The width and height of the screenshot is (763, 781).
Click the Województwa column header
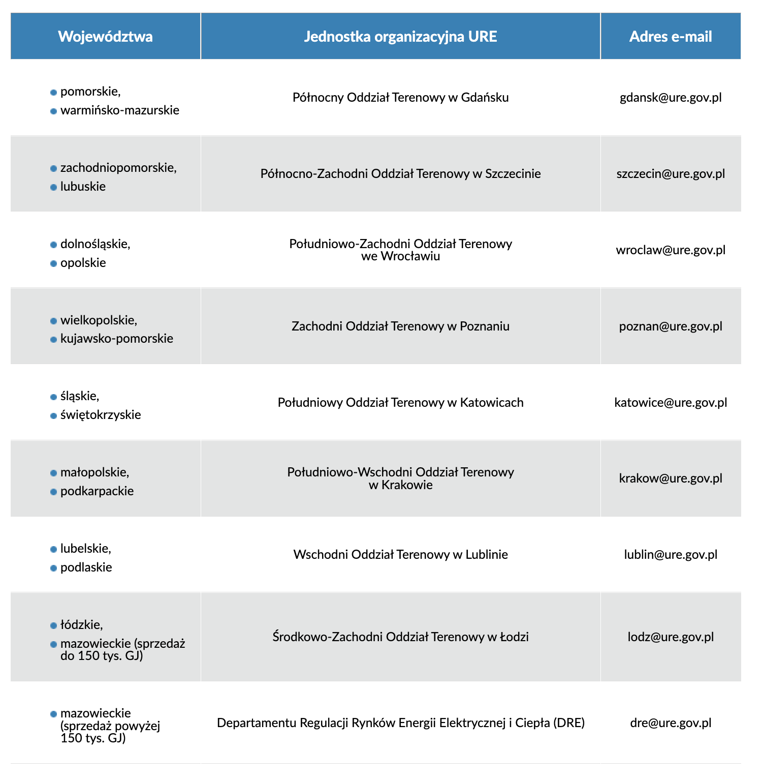coord(105,37)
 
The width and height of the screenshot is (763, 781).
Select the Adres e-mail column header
coord(670,37)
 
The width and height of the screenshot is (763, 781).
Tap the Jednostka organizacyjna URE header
coord(400,37)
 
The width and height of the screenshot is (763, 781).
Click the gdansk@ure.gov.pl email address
coord(671,98)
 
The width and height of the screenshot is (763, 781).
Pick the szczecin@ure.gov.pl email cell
coord(671,174)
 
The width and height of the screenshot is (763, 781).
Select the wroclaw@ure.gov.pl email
coord(671,250)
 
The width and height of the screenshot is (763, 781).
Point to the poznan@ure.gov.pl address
coord(671,326)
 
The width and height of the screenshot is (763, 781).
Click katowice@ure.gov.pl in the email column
coord(671,403)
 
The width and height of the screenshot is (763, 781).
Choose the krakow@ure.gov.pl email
coord(671,478)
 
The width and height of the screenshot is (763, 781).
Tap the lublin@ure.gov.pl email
coord(671,554)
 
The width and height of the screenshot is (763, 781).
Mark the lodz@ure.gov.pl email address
coord(671,637)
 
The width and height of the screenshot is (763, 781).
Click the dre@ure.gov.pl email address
coord(671,723)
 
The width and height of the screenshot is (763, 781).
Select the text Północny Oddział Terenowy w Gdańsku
coord(400,98)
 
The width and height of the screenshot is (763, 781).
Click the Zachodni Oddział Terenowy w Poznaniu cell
coord(400,326)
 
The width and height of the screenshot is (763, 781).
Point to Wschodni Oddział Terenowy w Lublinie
coord(400,554)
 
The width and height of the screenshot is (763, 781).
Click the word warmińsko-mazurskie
coord(119,110)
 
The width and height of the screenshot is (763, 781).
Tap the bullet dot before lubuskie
coord(53,187)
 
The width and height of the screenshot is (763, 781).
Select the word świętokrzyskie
coord(101,415)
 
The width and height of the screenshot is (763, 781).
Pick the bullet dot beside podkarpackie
coord(53,492)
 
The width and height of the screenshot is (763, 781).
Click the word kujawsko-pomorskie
coord(116,339)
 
